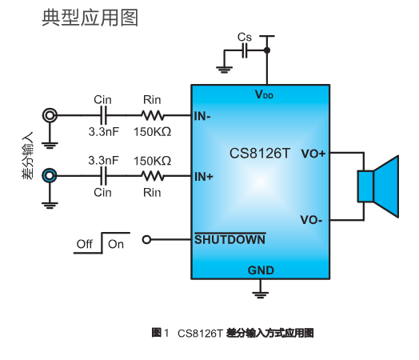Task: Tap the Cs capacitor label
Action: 245,38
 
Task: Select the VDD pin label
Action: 263,94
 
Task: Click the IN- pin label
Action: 203,115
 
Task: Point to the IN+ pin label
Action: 204,176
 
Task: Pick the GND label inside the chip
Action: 261,270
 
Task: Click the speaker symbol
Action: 377,186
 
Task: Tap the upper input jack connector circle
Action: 50,115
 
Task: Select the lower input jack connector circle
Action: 50,175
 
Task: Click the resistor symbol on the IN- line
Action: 152,115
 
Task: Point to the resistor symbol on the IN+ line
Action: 152,175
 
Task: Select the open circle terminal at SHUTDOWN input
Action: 146,238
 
